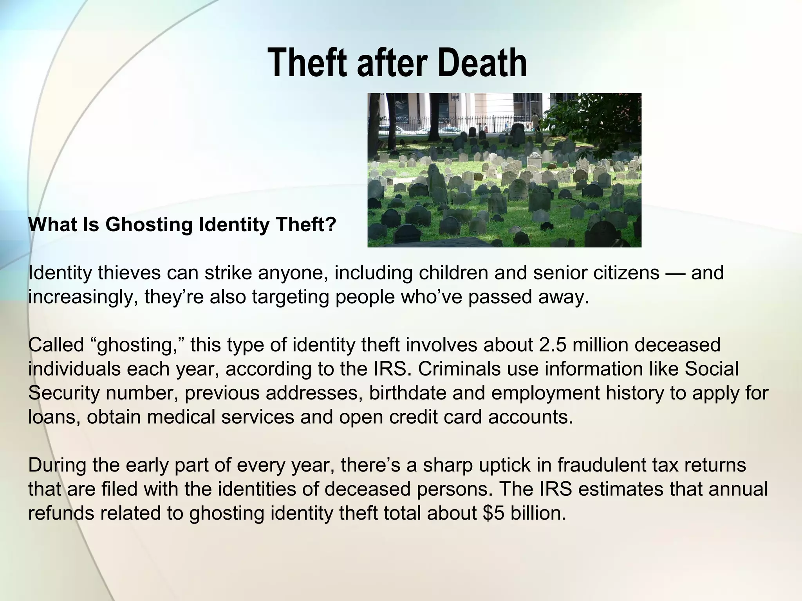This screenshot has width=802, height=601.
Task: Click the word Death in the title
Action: pos(482,63)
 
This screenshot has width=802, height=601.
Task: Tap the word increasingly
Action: pos(83,297)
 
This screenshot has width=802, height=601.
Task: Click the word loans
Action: pos(54,417)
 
